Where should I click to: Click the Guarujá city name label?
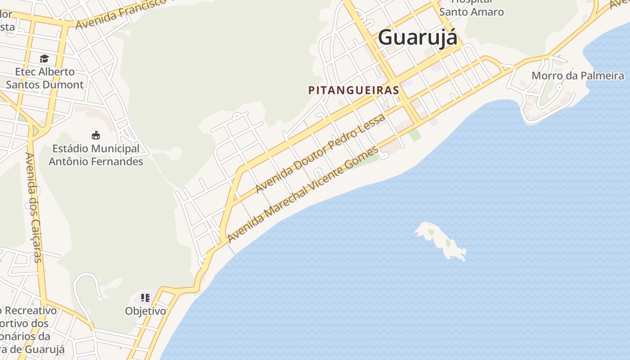(x=418, y=37)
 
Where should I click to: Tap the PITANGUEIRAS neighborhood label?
(x=354, y=90)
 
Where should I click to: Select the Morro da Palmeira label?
(x=578, y=76)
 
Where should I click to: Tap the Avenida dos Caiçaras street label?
(x=33, y=207)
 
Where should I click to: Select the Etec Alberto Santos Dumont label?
(x=45, y=78)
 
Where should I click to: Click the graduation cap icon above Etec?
(x=44, y=59)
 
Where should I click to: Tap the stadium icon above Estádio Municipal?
(x=95, y=135)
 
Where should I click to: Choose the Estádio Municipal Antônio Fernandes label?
(x=96, y=155)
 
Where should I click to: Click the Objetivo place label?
(x=145, y=311)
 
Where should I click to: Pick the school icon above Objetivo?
(x=145, y=297)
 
